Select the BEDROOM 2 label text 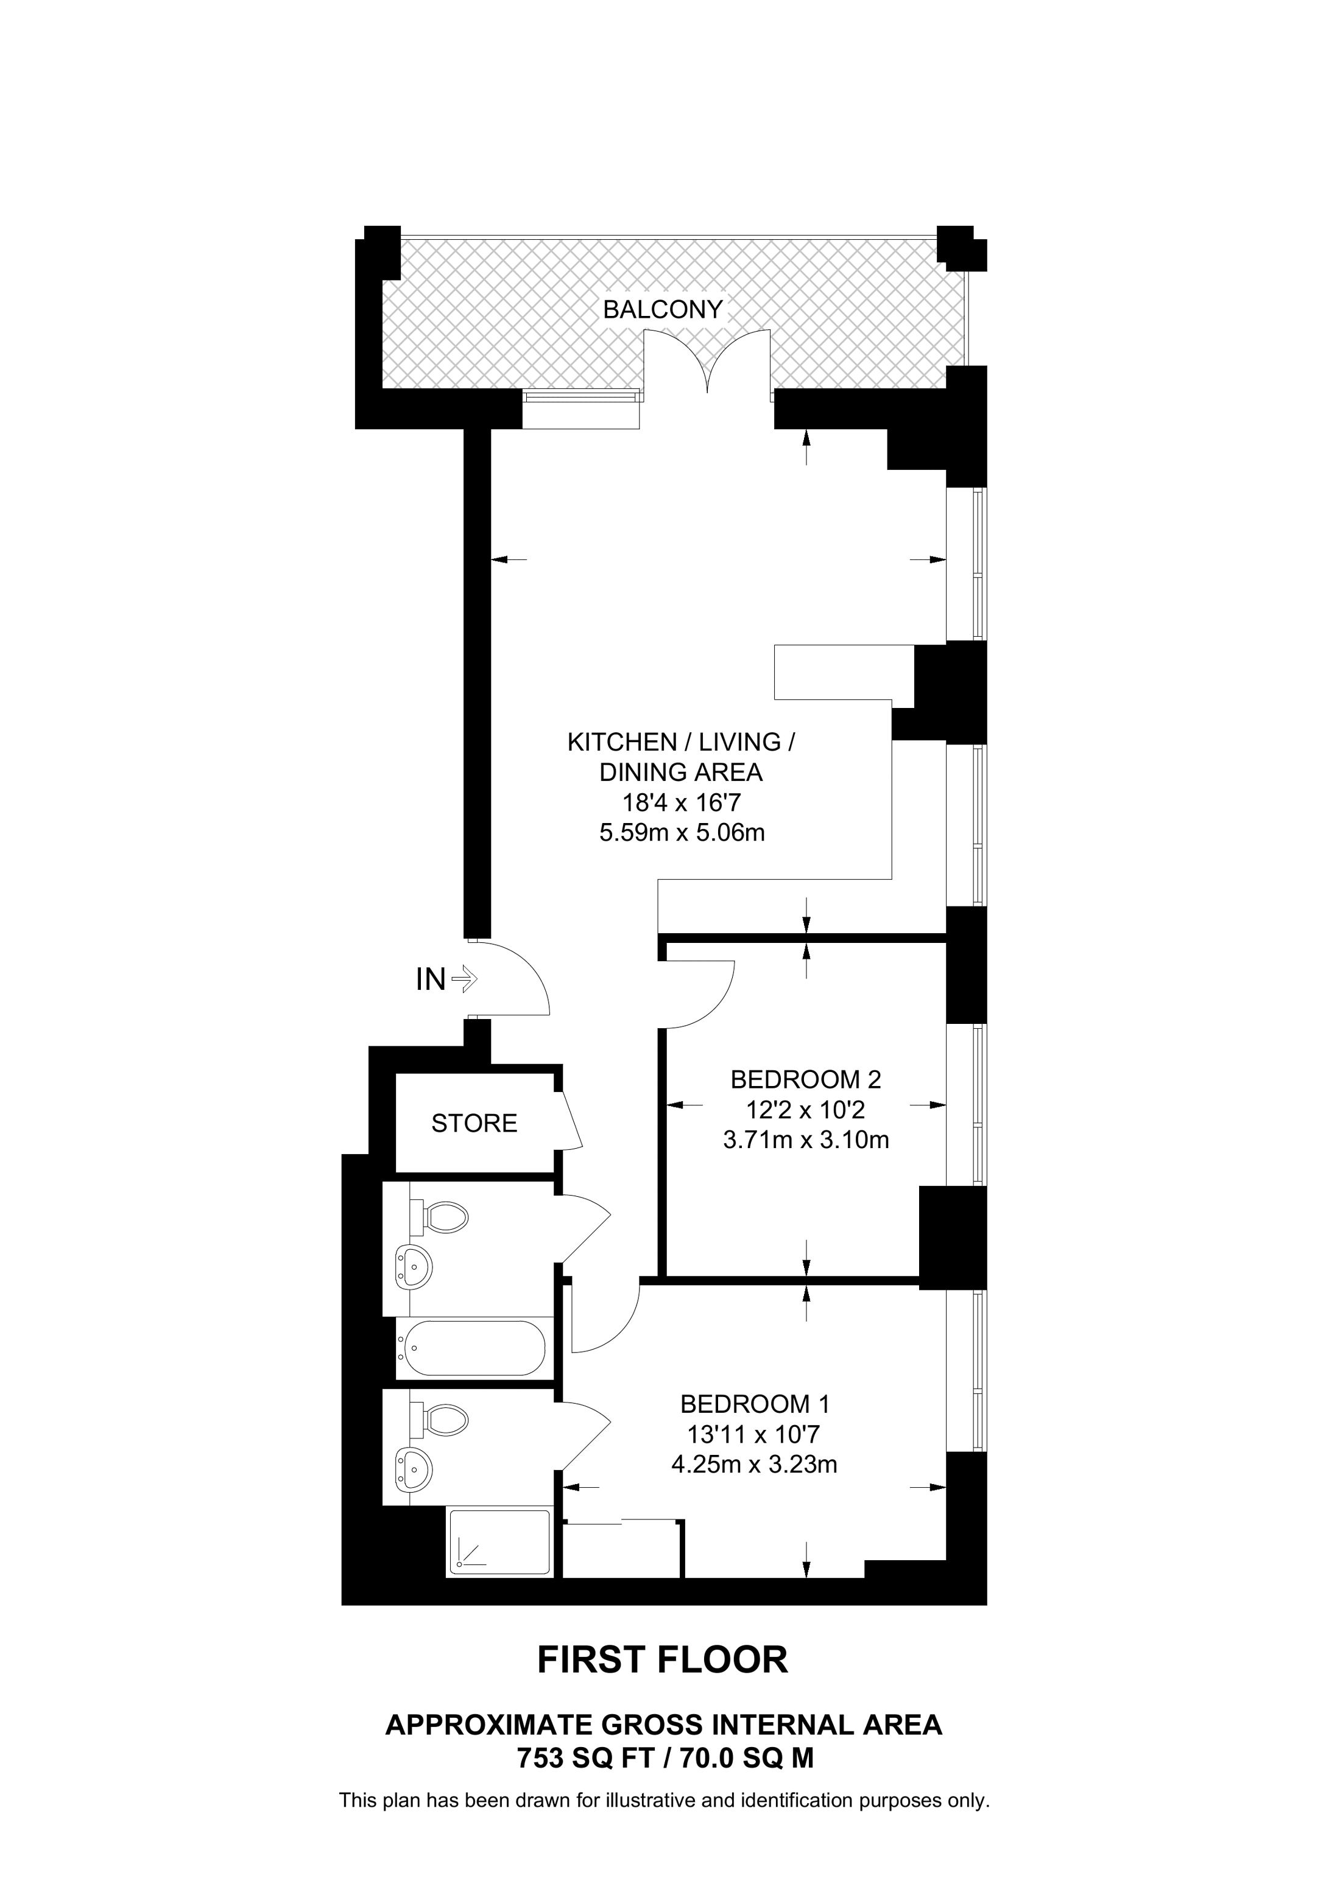coord(805,1079)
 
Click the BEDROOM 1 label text coord(755,1403)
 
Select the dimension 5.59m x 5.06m coord(682,833)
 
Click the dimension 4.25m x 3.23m coord(755,1464)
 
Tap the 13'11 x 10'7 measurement coord(755,1434)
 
